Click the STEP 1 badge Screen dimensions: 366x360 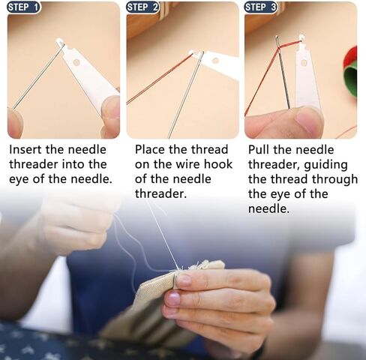(23, 7)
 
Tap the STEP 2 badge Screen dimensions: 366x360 (142, 7)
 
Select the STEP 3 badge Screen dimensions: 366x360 (261, 7)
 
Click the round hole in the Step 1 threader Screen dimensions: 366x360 (76, 62)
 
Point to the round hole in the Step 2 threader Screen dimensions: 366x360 (215, 60)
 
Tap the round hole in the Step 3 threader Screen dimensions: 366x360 (304, 63)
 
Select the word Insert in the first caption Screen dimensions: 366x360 (25, 149)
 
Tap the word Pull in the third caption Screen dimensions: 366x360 (259, 149)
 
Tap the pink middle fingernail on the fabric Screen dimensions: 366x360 (173, 299)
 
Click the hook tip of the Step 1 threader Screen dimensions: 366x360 (60, 41)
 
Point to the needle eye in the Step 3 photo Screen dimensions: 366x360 (277, 40)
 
